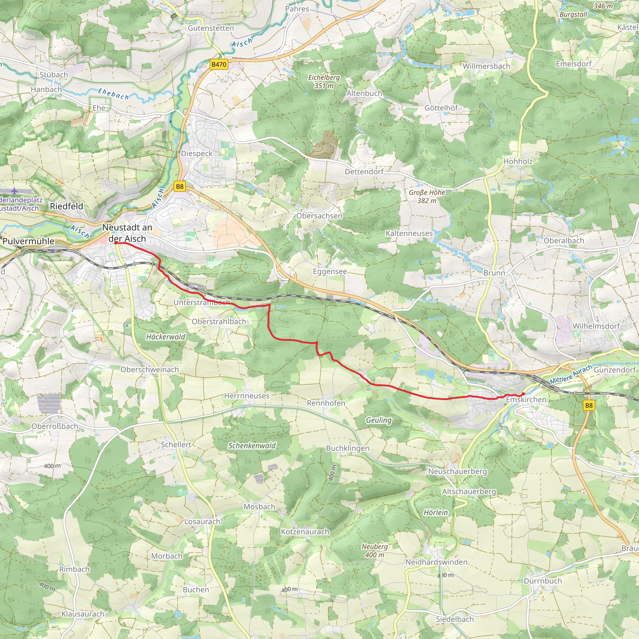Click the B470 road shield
pos(219,65)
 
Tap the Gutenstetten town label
pos(211,28)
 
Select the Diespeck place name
pos(197,154)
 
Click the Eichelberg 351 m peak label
pos(324,81)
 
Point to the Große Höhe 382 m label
pos(427,197)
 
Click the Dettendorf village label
pos(364,172)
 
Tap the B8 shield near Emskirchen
pos(589,406)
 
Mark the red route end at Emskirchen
pos(523,393)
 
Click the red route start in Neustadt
pos(116,243)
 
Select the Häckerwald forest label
pos(166,337)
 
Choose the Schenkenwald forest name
pos(252,446)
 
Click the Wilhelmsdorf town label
pos(596,326)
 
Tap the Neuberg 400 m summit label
pos(374,551)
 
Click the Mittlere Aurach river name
pos(571,374)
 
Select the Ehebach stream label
pos(114,94)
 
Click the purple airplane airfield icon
pos(14,191)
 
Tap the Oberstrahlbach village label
pos(219,321)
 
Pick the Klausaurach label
pos(83,614)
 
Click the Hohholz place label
pos(518,161)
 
